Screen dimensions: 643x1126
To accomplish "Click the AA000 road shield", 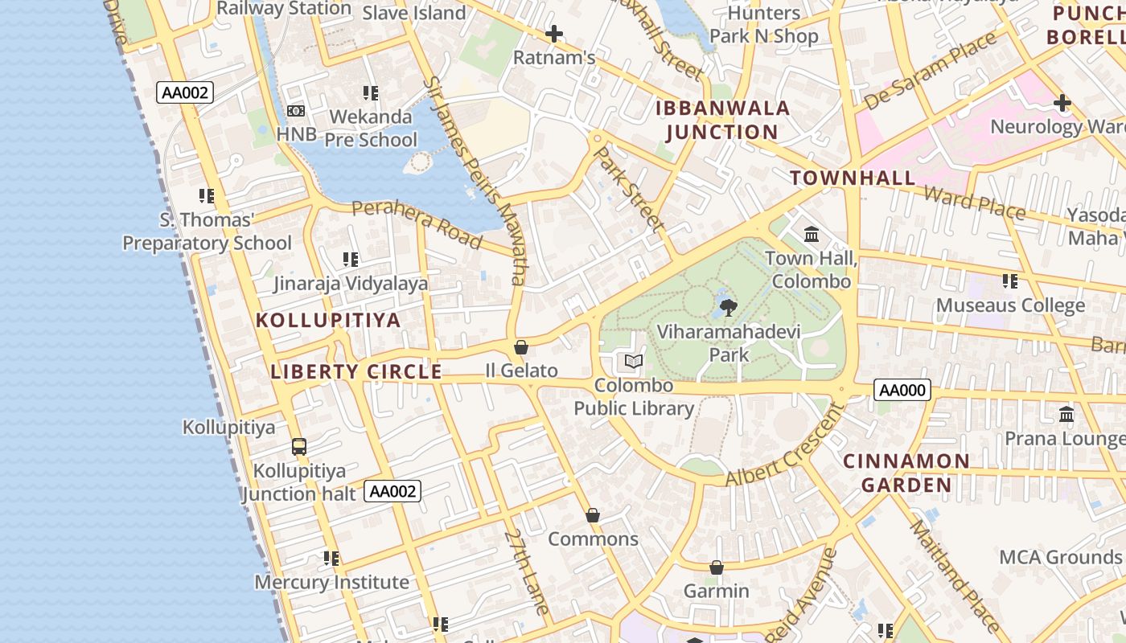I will coord(902,391).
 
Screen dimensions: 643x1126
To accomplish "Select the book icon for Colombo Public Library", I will coord(634,362).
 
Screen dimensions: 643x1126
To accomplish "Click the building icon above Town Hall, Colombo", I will coord(812,235).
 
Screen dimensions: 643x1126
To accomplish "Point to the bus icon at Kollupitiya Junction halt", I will coord(299,447).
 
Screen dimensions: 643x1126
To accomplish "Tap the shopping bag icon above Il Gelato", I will coord(521,347).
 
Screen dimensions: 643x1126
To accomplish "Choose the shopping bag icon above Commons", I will coord(593,515).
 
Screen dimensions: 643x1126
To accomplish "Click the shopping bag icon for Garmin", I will coord(716,567).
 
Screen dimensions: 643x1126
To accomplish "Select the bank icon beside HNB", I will coord(296,110).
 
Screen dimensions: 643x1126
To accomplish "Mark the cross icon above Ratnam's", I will coord(553,34).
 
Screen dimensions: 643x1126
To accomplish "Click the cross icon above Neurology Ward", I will coord(1062,103).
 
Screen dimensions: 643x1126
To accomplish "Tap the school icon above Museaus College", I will coord(1010,281).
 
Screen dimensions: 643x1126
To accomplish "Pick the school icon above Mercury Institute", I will coord(331,558).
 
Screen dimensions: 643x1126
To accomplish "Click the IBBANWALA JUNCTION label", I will coord(722,121).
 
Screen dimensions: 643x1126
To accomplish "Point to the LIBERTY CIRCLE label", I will coord(356,371).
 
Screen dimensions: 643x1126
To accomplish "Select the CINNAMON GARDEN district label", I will coord(906,473).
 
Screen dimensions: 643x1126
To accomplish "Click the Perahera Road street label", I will coord(417,224).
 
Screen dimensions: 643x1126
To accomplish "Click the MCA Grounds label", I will coord(1059,557).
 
